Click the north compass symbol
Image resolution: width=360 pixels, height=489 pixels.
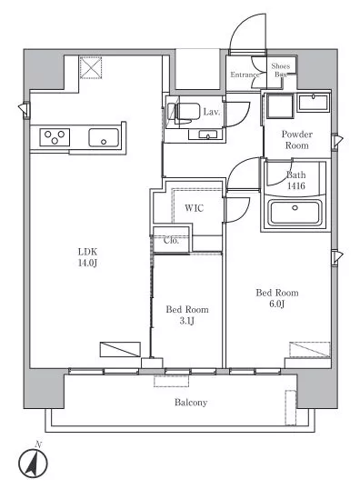[33, 462]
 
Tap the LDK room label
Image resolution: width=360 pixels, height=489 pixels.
[87, 252]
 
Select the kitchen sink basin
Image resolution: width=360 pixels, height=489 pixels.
[104, 137]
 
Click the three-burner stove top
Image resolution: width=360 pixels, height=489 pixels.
[55, 137]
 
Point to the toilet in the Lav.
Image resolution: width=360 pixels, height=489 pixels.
[184, 111]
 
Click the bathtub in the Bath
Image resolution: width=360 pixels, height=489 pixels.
[295, 213]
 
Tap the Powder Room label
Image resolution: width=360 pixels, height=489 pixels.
[296, 140]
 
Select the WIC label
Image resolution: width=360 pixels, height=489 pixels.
[194, 208]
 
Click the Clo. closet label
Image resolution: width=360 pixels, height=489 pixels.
[171, 241]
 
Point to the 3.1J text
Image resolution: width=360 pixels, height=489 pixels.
[187, 321]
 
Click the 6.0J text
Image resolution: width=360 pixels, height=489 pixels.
[276, 304]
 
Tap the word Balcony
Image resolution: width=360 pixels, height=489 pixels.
[191, 403]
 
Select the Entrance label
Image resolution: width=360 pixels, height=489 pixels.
[245, 75]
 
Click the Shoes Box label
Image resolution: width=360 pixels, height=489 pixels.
[280, 70]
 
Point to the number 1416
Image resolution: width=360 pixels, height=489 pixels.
[296, 185]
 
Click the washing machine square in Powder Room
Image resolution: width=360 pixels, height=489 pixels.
[280, 106]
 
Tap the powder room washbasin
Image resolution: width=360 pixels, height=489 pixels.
[313, 103]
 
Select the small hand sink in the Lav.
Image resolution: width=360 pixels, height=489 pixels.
[203, 135]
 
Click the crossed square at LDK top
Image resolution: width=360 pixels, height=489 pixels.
[91, 67]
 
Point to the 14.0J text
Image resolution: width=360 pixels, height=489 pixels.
[87, 263]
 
